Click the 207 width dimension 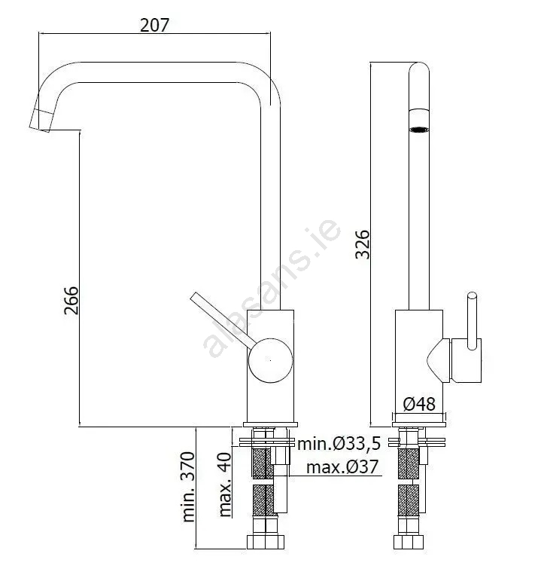(154, 25)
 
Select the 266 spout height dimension (71, 301)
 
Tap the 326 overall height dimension (363, 244)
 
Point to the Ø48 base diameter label (419, 404)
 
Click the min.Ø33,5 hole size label (339, 443)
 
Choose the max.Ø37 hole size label (342, 466)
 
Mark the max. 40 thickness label (225, 485)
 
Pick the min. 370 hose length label (188, 487)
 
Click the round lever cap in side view (271, 360)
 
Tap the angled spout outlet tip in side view (41, 120)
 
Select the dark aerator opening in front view (419, 130)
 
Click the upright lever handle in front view (472, 320)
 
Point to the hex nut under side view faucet (266, 542)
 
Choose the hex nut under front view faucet (409, 542)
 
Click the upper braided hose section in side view (262, 463)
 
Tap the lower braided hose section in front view (409, 500)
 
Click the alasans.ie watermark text (272, 289)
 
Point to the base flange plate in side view (270, 424)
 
